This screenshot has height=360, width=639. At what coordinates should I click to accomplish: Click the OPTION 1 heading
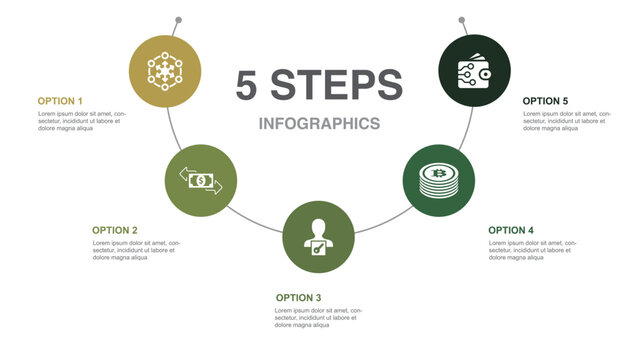tap(60, 101)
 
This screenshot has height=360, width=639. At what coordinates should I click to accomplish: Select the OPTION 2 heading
tap(115, 230)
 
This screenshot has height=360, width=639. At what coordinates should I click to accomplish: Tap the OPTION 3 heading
tap(298, 298)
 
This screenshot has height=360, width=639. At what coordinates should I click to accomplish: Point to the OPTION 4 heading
tap(511, 230)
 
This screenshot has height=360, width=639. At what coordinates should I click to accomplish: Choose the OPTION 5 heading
tap(546, 101)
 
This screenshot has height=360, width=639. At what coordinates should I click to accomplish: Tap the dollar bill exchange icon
tap(201, 180)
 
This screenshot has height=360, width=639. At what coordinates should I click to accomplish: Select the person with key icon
tap(319, 237)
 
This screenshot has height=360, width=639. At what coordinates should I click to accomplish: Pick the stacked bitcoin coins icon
tap(438, 180)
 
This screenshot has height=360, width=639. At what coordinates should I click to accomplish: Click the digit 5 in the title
tap(248, 85)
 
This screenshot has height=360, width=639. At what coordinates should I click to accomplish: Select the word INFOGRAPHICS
tap(319, 124)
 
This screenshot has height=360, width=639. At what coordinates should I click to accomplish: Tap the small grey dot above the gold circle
tap(178, 19)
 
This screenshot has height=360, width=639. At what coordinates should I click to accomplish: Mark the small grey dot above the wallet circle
tap(462, 19)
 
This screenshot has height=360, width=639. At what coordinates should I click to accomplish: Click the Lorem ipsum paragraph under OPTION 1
tap(80, 122)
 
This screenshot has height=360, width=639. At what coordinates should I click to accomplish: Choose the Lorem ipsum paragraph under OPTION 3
tap(319, 318)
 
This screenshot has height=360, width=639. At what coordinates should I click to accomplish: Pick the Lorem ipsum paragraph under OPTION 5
tap(564, 122)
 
